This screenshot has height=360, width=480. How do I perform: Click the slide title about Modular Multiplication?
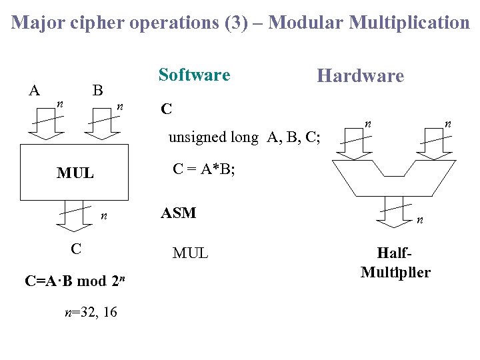point(240,23)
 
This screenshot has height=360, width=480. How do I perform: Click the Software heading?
point(194,75)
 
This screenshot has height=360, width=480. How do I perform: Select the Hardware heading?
point(360,75)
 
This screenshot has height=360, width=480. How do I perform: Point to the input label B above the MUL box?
point(97,90)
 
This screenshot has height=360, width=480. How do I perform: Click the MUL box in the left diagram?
point(74,172)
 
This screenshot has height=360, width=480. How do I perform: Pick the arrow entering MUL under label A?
point(45,130)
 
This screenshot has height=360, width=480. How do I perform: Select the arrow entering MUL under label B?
point(101,130)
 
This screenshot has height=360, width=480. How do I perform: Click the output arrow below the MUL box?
point(74,217)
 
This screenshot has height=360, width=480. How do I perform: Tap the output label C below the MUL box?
point(76,249)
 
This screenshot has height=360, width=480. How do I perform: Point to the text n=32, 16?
point(90,311)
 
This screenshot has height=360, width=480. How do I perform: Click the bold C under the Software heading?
point(167,109)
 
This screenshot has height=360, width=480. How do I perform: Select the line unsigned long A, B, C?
point(244,137)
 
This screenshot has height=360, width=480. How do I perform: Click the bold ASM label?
point(178,213)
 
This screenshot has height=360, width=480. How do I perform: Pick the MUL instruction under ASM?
point(190,253)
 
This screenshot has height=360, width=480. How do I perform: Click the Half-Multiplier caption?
point(395,263)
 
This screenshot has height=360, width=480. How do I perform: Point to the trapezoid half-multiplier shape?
point(395,177)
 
